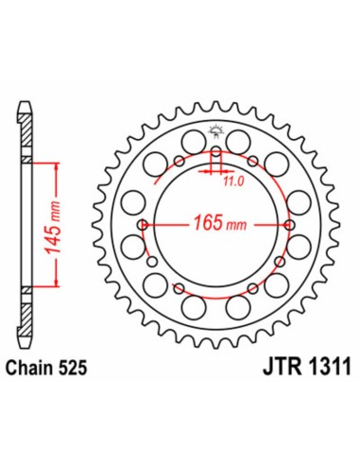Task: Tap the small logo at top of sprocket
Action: pyautogui.click(x=215, y=131)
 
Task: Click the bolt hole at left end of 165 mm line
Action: pyautogui.click(x=143, y=225)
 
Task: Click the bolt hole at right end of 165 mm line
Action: pyautogui.click(x=288, y=225)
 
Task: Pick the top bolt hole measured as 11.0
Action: pyautogui.click(x=215, y=152)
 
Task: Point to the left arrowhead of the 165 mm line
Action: pyautogui.click(x=151, y=225)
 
